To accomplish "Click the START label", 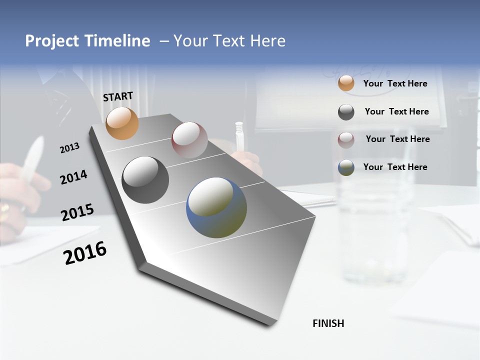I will point(118,96).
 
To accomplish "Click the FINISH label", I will point(328,323).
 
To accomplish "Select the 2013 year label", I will point(69,148).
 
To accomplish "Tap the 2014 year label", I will point(73,177).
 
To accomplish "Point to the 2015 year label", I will point(77,212).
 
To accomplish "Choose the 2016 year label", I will point(85,252).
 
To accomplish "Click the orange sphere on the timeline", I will point(122,123).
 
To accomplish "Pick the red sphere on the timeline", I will point(189,139).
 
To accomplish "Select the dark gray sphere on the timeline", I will point(145,180).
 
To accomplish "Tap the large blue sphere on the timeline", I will point(216,207).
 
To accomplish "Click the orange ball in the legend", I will point(346,83).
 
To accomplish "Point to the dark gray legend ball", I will point(346,112).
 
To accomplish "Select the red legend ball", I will point(346,139).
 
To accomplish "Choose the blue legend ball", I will point(346,167).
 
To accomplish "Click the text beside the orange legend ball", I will point(395,83).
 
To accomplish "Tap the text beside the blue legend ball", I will point(395,167).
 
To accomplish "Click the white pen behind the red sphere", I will point(239,134).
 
